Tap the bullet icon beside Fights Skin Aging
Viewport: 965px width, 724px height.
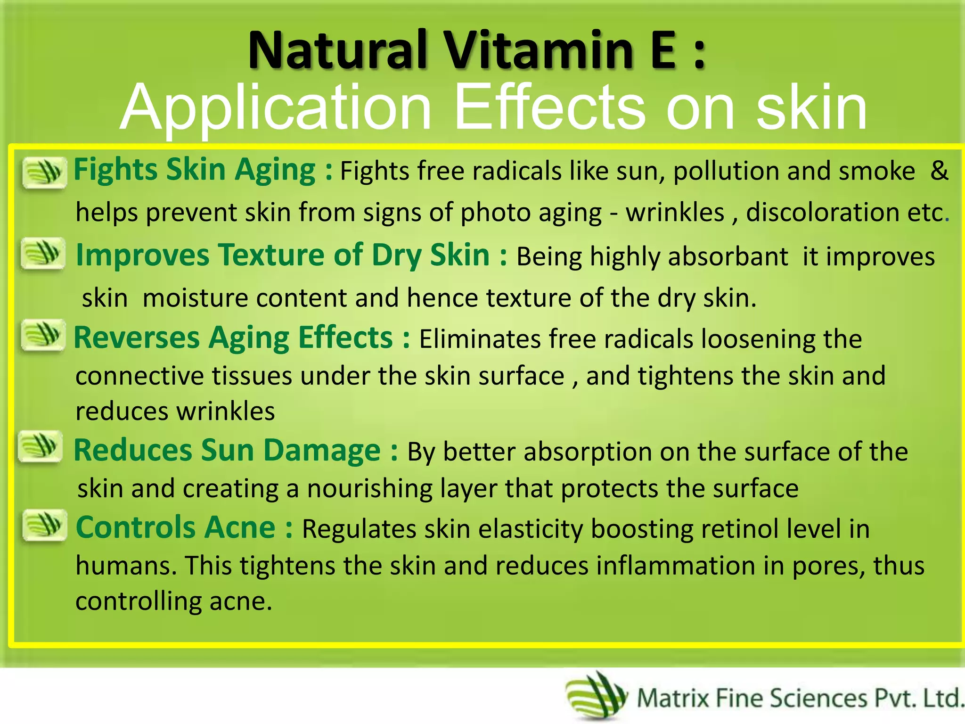click(44, 173)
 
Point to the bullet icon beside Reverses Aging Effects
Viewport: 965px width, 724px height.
click(43, 335)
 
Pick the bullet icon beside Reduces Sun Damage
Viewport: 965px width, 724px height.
click(41, 446)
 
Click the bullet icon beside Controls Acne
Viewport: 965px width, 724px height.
click(44, 525)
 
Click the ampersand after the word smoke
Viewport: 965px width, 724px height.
click(939, 171)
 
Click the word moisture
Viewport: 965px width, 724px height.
click(195, 298)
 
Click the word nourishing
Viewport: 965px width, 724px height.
click(369, 489)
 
